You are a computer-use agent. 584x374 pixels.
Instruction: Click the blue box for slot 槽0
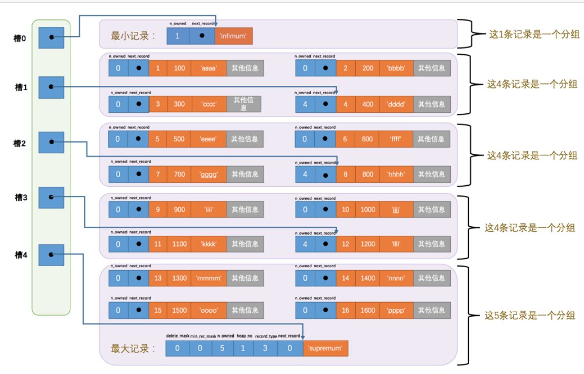(51, 38)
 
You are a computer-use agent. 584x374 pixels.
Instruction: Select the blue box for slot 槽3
(51, 197)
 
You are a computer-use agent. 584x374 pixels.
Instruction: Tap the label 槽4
(21, 255)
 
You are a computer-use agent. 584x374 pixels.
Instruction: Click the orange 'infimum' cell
(233, 36)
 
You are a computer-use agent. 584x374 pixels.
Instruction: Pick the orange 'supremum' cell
(325, 348)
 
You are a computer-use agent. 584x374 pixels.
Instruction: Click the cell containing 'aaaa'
(208, 68)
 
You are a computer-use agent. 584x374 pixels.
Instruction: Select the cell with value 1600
(367, 310)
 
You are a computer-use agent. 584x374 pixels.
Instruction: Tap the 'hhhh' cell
(396, 174)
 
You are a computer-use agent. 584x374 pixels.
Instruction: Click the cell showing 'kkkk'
(208, 244)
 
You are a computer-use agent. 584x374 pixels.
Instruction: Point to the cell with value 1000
(367, 209)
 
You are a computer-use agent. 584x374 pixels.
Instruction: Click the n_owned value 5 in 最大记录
(222, 348)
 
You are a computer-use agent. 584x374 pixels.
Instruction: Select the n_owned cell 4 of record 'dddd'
(305, 104)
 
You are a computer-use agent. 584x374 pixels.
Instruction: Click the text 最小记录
(133, 36)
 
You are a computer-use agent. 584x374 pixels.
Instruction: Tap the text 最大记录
(133, 348)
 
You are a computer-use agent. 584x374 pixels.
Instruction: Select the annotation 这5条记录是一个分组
(529, 315)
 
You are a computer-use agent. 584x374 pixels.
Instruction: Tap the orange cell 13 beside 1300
(158, 278)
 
